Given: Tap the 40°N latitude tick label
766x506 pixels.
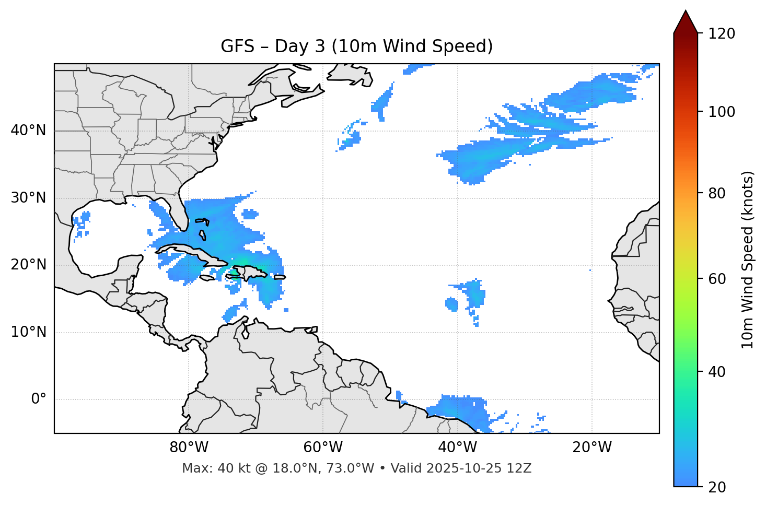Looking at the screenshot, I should pyautogui.click(x=28, y=131).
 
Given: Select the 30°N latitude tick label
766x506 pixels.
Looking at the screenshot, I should pyautogui.click(x=28, y=198).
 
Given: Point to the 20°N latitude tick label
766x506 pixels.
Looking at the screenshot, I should pyautogui.click(x=28, y=265).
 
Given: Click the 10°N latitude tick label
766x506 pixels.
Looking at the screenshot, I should pyautogui.click(x=28, y=332).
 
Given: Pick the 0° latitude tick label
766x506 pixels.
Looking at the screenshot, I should pyautogui.click(x=38, y=399).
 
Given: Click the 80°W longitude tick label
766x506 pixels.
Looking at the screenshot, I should pyautogui.click(x=189, y=448).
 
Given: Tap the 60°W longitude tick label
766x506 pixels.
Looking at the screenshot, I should pyautogui.click(x=323, y=448).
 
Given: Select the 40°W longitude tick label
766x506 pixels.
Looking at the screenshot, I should pyautogui.click(x=457, y=448).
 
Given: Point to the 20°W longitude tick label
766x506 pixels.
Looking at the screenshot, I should pyautogui.click(x=591, y=448).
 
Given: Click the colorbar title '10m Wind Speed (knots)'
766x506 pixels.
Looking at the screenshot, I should pyautogui.click(x=748, y=260).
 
